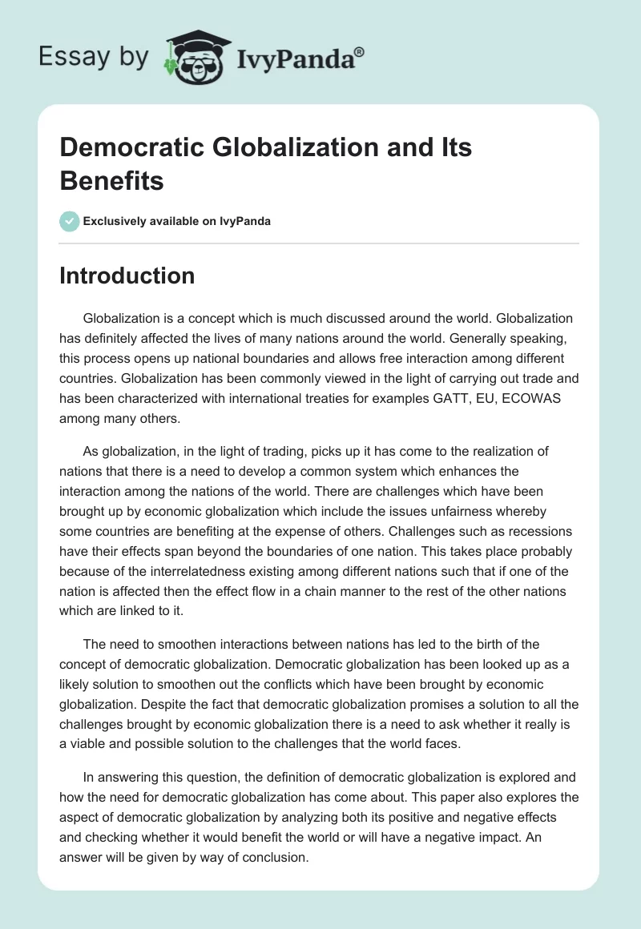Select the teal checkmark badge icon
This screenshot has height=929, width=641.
(x=70, y=221)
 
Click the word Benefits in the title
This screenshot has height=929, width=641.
(x=112, y=180)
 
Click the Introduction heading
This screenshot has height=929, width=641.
(x=127, y=275)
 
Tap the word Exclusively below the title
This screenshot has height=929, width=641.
(x=117, y=222)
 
